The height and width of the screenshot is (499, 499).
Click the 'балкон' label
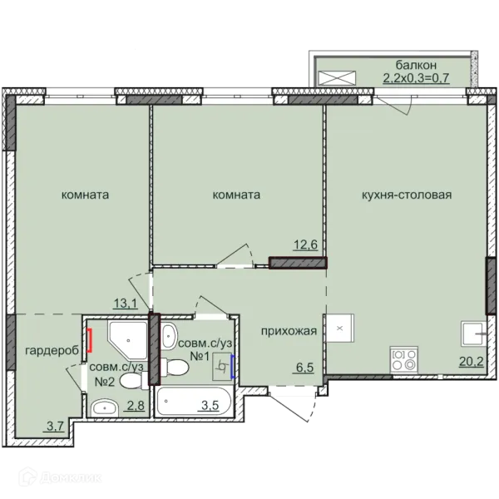[416, 65]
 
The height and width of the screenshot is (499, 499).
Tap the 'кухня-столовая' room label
[407, 195]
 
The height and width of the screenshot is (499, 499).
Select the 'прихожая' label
[289, 331]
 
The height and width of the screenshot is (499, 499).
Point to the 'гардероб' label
[52, 351]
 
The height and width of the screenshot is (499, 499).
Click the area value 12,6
[305, 245]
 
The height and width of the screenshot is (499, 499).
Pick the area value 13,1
[126, 304]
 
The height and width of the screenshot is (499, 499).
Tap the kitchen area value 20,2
[472, 362]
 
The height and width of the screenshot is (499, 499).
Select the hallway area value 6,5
[305, 368]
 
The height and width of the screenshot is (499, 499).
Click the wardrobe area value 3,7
[56, 426]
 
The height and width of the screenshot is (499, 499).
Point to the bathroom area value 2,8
[136, 406]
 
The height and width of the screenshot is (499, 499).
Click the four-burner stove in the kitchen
[404, 359]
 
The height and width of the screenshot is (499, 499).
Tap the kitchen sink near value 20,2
[474, 333]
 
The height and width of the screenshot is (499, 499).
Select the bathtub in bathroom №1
[194, 402]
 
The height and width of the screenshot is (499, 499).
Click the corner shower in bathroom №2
[128, 340]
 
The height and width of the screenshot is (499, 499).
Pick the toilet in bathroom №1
[175, 367]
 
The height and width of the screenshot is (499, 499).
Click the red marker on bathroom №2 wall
[90, 340]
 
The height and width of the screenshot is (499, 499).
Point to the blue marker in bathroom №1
[233, 367]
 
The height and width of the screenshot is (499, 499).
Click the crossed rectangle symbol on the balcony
[337, 78]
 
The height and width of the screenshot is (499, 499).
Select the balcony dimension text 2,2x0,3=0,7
[417, 78]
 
